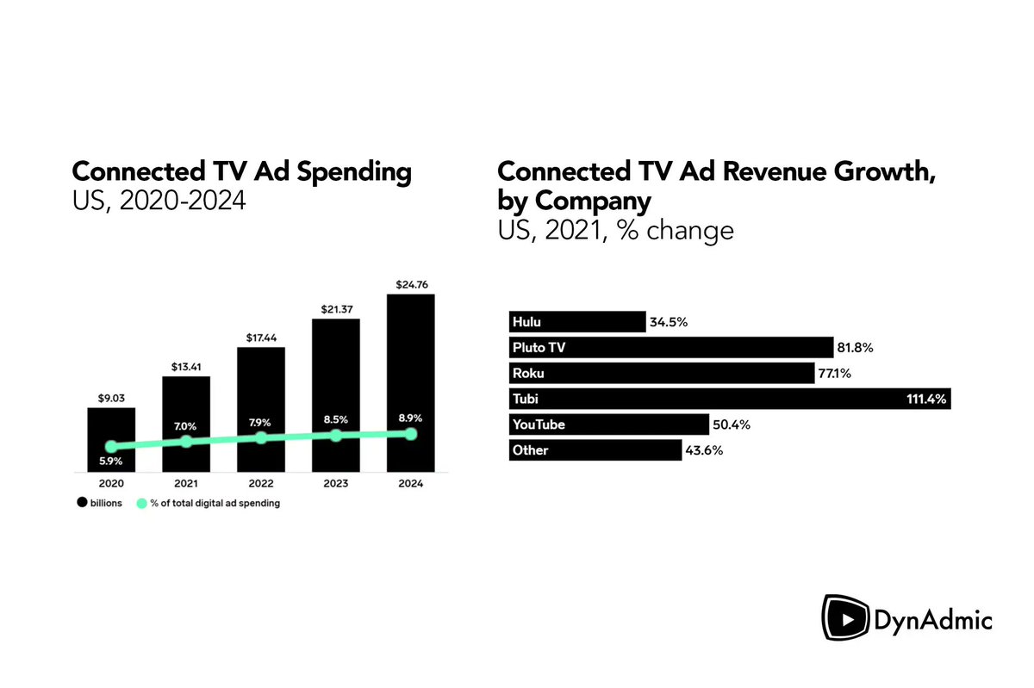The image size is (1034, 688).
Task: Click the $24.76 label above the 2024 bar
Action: pos(410,284)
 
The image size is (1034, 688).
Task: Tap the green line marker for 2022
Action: pos(261,437)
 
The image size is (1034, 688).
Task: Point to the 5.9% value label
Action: pos(111,462)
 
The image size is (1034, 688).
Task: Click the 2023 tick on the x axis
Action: pos(335,484)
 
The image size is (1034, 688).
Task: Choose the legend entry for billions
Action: pos(102,503)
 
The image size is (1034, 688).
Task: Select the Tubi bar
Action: pos(729,399)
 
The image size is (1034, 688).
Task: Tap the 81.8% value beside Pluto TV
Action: pos(855,348)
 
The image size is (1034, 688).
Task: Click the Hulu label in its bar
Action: pos(526,322)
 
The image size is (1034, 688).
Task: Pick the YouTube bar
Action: pos(608,425)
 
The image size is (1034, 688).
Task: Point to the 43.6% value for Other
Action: pos(702,450)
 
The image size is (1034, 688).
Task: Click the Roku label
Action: pos(527,374)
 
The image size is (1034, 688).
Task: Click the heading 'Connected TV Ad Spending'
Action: pos(241,171)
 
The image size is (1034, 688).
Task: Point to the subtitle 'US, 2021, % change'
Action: pos(615,231)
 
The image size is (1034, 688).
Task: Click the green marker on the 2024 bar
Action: pos(410,434)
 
